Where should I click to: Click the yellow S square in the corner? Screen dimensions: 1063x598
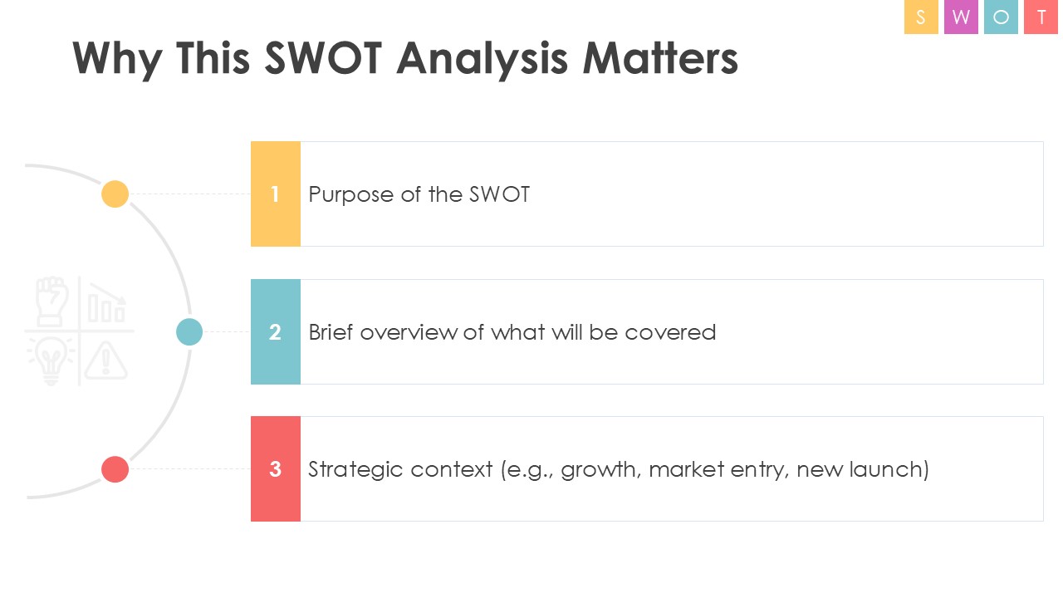point(921,17)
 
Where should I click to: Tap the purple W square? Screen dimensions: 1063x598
point(961,17)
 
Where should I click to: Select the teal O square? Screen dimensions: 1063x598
point(1001,17)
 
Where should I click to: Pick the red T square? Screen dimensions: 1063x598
point(1041,17)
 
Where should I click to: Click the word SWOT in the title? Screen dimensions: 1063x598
point(323,58)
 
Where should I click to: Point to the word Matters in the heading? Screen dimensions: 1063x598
point(659,58)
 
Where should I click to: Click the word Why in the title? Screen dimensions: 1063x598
point(117,61)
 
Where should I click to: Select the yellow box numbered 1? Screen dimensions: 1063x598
point(275,194)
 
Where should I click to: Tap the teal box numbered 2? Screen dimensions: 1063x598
point(275,331)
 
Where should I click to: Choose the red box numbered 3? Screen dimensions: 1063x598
point(275,469)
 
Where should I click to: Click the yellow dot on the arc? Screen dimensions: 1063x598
point(115,194)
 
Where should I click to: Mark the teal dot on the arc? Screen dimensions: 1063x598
point(189,331)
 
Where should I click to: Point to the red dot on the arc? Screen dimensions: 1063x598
point(115,469)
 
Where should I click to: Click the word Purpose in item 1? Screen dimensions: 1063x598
point(351,195)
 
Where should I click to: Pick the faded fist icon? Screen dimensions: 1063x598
point(52,301)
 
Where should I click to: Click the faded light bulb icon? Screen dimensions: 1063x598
point(51,360)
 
